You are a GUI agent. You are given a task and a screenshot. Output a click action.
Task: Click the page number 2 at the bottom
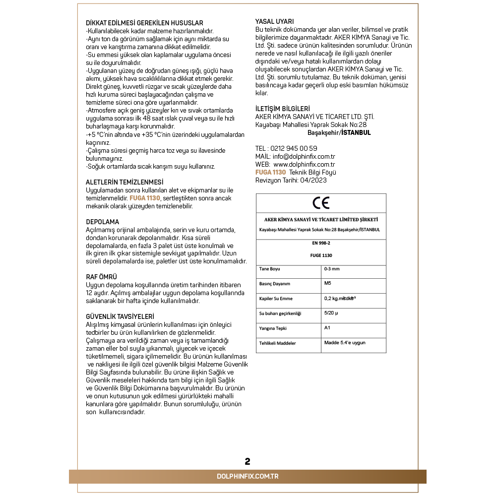click(x=248, y=461)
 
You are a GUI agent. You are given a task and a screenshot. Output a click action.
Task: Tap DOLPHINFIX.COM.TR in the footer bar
click(x=248, y=476)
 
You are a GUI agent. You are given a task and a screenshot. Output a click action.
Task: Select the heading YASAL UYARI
click(x=274, y=21)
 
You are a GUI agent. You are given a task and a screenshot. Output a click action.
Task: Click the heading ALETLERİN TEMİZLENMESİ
click(x=124, y=183)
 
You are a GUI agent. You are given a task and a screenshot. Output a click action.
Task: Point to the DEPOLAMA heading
click(x=103, y=222)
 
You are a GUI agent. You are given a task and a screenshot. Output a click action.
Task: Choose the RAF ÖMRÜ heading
click(x=102, y=277)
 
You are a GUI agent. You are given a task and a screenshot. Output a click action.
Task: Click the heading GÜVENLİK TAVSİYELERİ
click(x=120, y=316)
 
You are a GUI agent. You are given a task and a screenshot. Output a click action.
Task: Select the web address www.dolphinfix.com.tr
click(x=304, y=164)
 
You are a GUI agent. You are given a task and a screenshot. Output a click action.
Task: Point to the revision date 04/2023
click(x=313, y=180)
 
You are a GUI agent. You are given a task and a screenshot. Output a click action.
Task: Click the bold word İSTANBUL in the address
click(x=356, y=133)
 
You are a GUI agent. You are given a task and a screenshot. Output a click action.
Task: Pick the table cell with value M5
click(x=327, y=283)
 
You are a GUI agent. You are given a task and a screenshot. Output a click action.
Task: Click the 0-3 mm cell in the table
click(x=331, y=269)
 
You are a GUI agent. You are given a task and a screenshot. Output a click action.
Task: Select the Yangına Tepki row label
click(x=273, y=328)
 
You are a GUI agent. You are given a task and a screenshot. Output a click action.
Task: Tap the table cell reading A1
click(x=327, y=327)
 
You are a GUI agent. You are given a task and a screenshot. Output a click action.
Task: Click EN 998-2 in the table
click(x=320, y=244)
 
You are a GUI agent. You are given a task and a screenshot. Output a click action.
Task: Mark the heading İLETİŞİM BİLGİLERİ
click(x=282, y=109)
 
